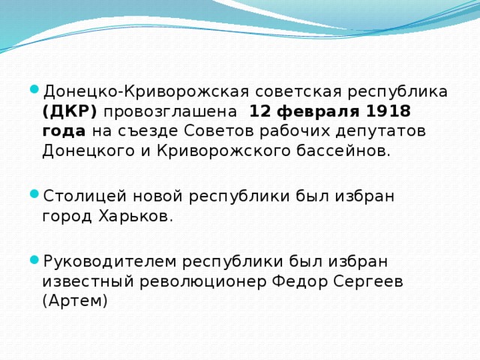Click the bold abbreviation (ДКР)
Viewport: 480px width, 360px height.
70,112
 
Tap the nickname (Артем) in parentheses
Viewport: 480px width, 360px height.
76,300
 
